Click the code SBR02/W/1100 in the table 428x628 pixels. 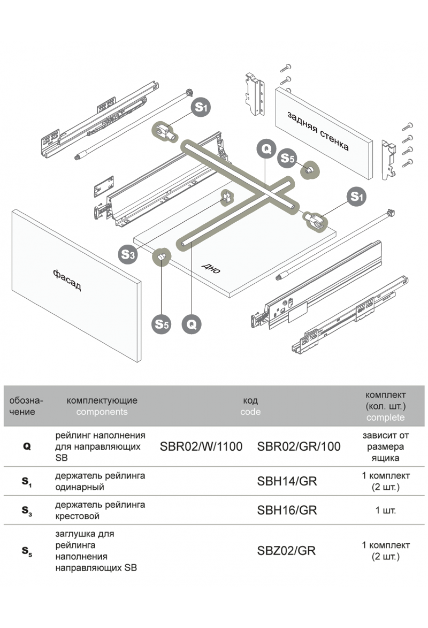point(201,446)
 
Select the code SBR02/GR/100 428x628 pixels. point(299,446)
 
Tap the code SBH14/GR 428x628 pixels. point(287,481)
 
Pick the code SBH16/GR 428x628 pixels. point(287,510)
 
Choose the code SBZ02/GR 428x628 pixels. point(286,551)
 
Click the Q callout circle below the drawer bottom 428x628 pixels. point(192,324)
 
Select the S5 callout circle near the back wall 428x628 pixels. point(287,158)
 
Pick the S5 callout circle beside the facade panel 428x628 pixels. point(162,324)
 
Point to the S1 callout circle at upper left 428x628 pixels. point(202,107)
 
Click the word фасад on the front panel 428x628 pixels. point(67,280)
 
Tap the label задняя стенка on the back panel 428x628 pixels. point(318,131)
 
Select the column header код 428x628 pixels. point(250,400)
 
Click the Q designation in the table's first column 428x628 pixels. point(27,446)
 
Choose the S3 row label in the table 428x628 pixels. point(27,511)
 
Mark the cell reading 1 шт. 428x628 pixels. point(385,510)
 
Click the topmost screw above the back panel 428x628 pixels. point(286,67)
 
